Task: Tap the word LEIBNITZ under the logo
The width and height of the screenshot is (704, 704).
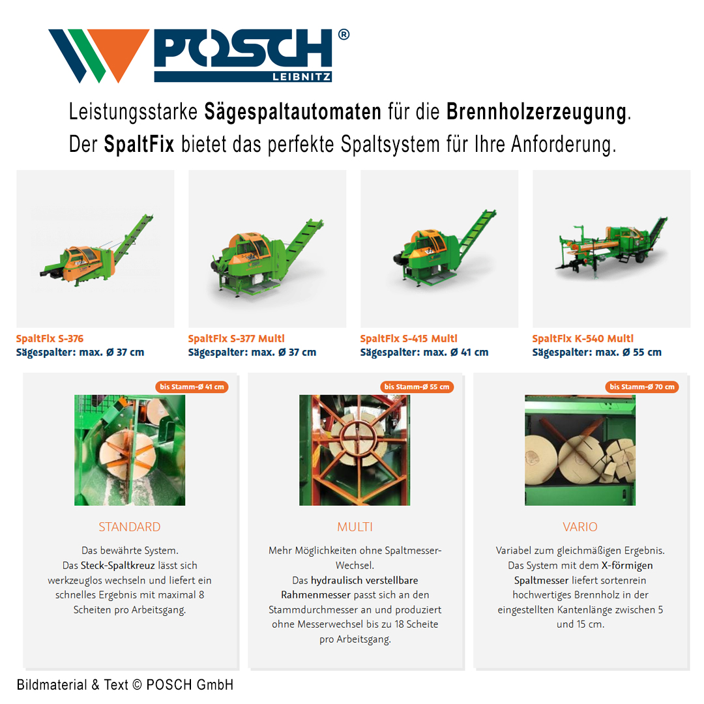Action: [x=302, y=77]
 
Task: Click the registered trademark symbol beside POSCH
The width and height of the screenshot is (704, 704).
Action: [x=344, y=35]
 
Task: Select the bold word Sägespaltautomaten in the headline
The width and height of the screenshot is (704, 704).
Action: [x=293, y=112]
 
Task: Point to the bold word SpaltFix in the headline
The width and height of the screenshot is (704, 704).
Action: [x=139, y=144]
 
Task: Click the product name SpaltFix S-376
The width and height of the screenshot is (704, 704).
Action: [x=50, y=338]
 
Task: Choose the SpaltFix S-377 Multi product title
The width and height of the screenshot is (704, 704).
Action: [x=236, y=338]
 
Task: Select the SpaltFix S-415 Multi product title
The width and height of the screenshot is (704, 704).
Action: [x=409, y=338]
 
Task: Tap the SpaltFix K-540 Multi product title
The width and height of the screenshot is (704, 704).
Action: [x=583, y=338]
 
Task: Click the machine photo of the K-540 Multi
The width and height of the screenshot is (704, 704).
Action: [x=611, y=248]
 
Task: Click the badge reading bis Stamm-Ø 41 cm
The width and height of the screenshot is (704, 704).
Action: [x=192, y=387]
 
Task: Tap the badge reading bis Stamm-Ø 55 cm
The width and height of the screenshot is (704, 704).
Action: [x=417, y=387]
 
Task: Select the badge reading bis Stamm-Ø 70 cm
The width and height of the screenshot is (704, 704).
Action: [x=642, y=387]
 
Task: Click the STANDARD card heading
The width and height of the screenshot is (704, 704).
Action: [x=129, y=527]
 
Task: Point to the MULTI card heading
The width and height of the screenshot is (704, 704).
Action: [x=355, y=527]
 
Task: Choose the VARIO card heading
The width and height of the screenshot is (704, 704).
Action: [x=580, y=527]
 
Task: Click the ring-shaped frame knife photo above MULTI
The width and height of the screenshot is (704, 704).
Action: [x=355, y=450]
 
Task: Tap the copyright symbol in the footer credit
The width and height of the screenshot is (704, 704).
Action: [x=138, y=684]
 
